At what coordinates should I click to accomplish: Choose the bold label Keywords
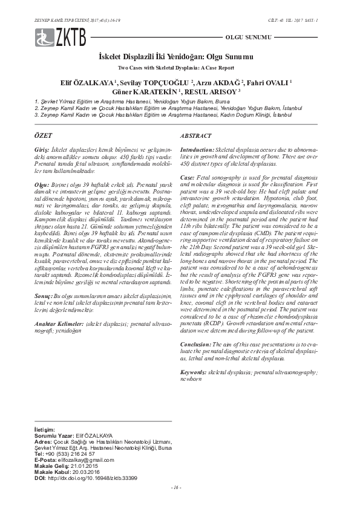tap(193, 373)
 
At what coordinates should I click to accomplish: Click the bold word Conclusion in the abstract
tap(196, 344)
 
